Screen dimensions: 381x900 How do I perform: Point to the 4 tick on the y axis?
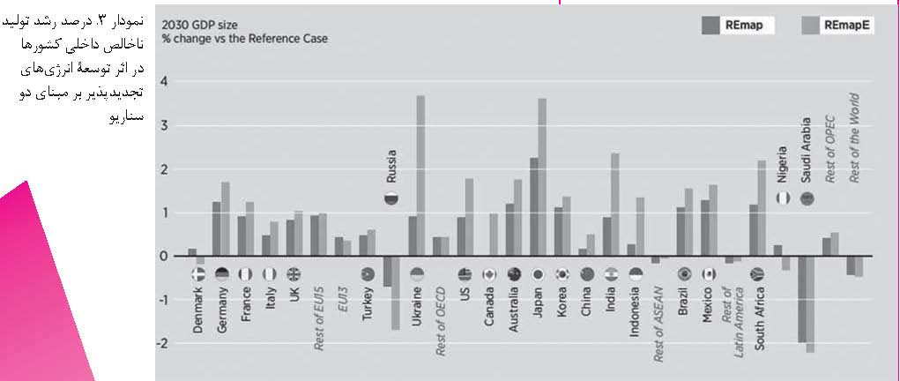pyautogui.click(x=163, y=82)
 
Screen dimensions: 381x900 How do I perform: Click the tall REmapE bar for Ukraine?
pyautogui.click(x=420, y=176)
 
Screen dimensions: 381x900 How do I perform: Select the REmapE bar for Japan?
pyautogui.click(x=542, y=177)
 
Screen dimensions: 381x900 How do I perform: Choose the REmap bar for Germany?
pyautogui.click(x=217, y=229)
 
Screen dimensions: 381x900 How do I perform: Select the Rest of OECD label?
pyautogui.click(x=442, y=325)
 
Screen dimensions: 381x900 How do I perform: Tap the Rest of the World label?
pyautogui.click(x=852, y=138)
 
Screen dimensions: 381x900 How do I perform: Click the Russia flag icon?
pyautogui.click(x=390, y=198)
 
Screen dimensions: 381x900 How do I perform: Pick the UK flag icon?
pyautogui.click(x=294, y=274)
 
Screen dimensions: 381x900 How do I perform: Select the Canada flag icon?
pyautogui.click(x=488, y=274)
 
